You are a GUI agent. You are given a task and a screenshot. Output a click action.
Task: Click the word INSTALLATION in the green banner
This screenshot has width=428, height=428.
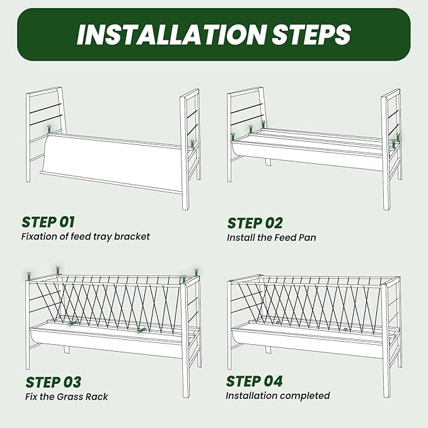click(171, 35)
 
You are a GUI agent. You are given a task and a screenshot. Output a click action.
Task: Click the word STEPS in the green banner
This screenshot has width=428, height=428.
click(311, 35)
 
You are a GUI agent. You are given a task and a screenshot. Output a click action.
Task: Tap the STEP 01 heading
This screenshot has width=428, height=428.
click(48, 222)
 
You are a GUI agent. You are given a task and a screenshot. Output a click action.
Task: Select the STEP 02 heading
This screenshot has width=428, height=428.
click(255, 223)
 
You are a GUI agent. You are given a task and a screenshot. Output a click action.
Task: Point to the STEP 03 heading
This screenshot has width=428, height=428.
click(54, 382)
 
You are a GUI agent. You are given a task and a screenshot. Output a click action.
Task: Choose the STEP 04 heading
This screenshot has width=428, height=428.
click(254, 381)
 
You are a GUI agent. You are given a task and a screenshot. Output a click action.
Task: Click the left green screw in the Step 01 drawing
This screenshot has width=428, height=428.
click(49, 129)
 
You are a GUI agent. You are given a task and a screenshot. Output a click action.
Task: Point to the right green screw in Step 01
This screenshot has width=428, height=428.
click(192, 144)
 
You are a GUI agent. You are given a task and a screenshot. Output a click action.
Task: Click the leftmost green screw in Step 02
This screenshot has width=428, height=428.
click(233, 137)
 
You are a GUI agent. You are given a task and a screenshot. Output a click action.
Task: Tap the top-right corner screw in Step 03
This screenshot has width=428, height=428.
click(196, 273)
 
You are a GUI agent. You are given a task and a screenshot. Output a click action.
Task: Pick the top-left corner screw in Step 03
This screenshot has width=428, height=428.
click(28, 277)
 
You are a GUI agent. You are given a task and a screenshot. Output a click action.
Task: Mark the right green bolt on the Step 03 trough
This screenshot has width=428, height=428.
click(141, 331)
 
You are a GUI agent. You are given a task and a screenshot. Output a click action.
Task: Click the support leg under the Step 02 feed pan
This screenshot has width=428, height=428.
click(268, 162)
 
